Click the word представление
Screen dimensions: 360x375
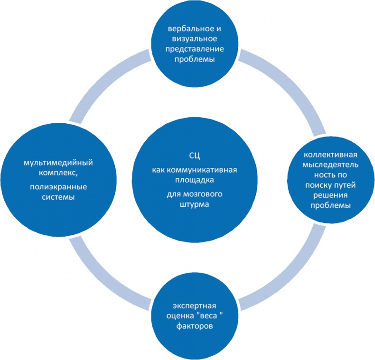195,50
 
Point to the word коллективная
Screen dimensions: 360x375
330,155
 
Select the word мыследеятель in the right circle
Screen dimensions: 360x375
330,166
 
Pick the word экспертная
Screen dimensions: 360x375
195,305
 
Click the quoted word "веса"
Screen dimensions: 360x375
209,316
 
